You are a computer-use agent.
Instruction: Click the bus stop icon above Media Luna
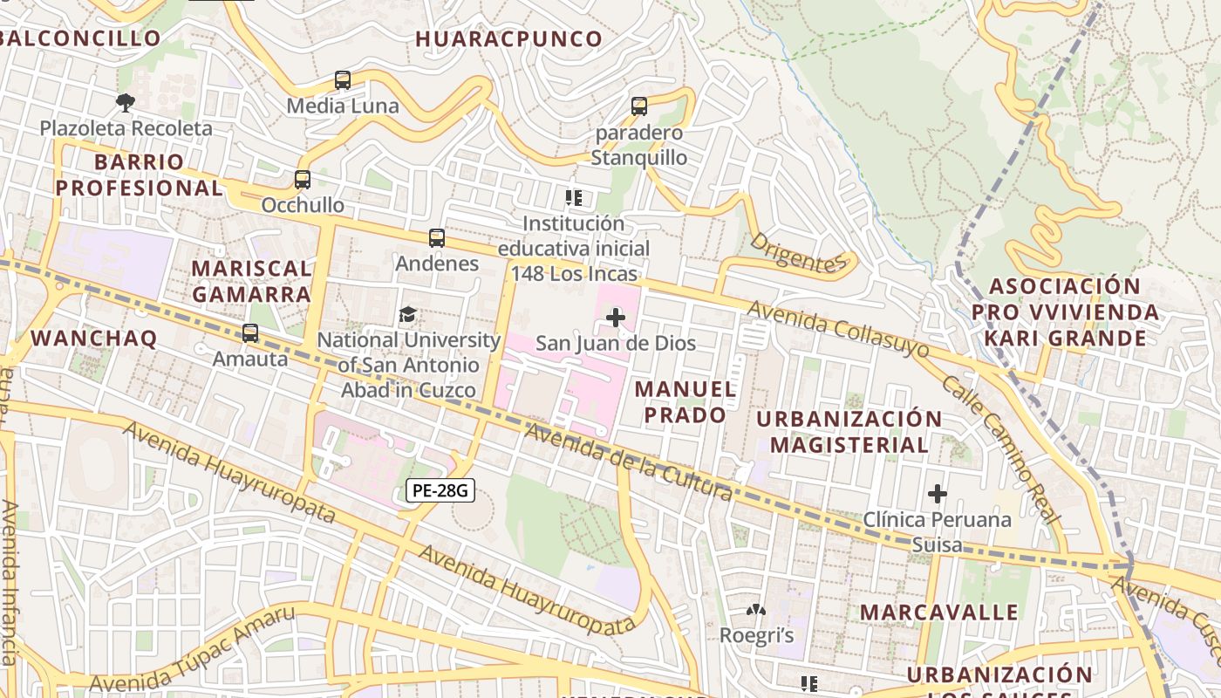click(343, 80)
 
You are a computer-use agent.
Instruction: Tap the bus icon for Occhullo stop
click(302, 180)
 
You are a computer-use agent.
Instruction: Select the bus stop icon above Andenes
click(437, 237)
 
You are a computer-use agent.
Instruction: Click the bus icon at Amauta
click(250, 332)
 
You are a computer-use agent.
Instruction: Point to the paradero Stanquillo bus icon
click(639, 106)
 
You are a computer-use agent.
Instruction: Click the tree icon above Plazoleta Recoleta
click(126, 102)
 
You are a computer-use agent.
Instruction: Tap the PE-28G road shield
click(440, 490)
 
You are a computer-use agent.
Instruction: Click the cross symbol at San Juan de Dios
click(616, 317)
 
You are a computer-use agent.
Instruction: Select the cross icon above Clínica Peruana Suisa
click(938, 494)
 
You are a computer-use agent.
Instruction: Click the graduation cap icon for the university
click(407, 314)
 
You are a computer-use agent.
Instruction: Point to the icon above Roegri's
click(756, 610)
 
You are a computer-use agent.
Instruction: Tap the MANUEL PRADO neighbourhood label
click(686, 401)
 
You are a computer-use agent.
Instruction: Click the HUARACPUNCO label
click(508, 39)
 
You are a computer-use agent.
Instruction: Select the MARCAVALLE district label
click(938, 612)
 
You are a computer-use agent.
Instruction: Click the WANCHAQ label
click(93, 339)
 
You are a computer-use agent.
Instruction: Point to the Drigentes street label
click(798, 252)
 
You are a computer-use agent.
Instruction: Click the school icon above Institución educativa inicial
click(573, 198)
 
